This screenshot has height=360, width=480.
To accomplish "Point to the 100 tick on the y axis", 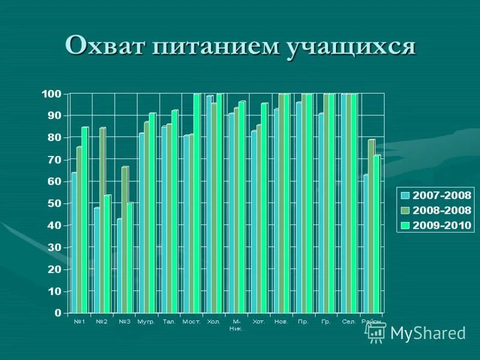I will tap(52, 94).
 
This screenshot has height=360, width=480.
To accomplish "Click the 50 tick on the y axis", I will tap(55, 203).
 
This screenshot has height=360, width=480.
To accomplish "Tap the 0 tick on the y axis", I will tap(58, 313).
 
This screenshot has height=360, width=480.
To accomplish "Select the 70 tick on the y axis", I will tap(55, 160).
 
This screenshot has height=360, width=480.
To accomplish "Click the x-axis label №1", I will tap(79, 322).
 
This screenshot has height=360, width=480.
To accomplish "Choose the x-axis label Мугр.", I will tap(146, 322).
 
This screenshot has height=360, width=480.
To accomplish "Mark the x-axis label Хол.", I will tap(214, 322).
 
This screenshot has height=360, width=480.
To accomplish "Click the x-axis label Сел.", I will tap(349, 322).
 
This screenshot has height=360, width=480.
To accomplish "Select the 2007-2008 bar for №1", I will tap(74, 243).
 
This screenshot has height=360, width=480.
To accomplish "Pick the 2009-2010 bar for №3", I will tap(129, 258).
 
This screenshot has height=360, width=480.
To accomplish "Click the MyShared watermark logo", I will tap(416, 332).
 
